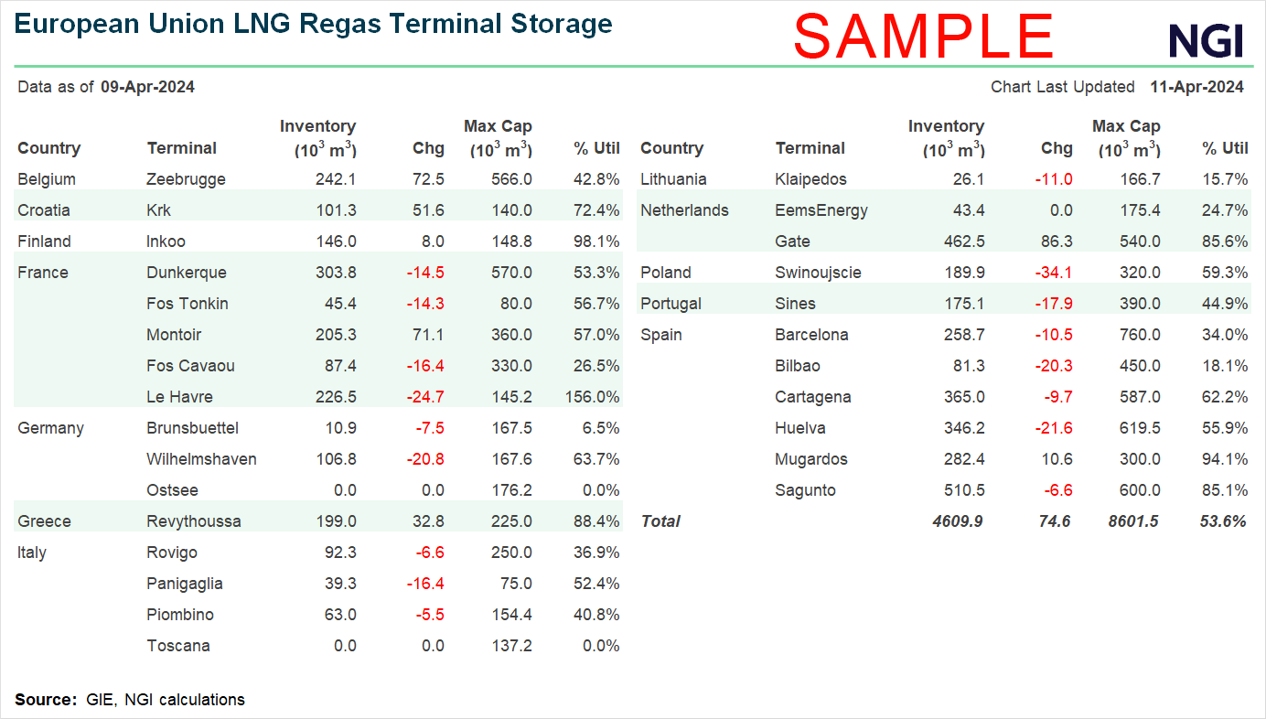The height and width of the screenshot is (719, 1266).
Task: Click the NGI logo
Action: [1206, 40]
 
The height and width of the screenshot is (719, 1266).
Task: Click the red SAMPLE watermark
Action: [924, 37]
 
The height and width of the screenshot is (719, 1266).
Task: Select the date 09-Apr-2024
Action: [147, 87]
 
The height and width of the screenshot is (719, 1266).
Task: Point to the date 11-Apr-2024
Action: [1196, 87]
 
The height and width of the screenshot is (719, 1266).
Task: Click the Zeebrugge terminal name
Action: [186, 179]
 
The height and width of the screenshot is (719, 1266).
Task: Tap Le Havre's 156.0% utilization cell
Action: [591, 397]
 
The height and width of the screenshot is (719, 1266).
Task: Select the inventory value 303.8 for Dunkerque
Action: [336, 273]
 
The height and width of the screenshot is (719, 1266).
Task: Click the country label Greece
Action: [44, 521]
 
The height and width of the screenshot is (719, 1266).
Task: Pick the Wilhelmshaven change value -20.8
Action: [425, 459]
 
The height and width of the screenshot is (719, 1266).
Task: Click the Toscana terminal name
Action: [178, 646]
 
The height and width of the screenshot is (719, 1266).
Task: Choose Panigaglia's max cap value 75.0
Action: [513, 584]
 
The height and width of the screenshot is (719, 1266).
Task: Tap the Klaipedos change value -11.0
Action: [1053, 179]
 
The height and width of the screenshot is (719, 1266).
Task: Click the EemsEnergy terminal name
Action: [821, 210]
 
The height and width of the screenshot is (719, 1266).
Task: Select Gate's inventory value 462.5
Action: [964, 241]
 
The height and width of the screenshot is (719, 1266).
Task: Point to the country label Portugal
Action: [671, 304]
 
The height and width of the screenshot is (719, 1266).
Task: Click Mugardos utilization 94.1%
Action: [1225, 459]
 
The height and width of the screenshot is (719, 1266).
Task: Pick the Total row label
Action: [660, 521]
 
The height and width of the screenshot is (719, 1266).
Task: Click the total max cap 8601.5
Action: [1132, 521]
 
